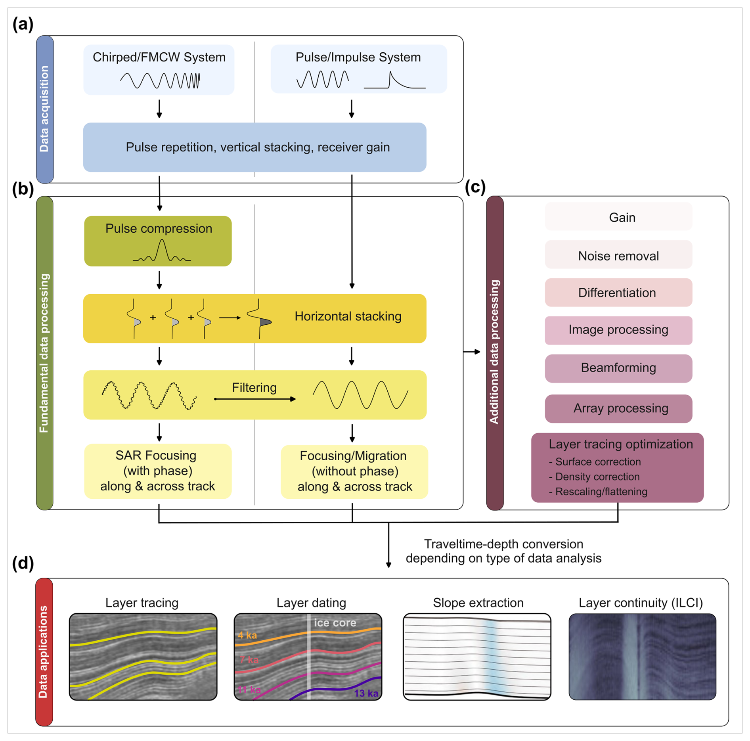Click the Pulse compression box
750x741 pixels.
click(x=158, y=241)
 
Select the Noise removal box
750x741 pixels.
click(x=618, y=256)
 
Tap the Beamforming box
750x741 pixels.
click(x=618, y=368)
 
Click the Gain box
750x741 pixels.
click(x=618, y=217)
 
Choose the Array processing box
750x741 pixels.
click(x=618, y=408)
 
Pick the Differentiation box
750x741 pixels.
click(x=618, y=293)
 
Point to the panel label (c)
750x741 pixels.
click(x=475, y=187)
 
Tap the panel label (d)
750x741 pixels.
click(x=23, y=563)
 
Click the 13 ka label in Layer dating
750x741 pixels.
click(x=365, y=693)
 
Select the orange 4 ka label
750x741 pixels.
click(x=247, y=636)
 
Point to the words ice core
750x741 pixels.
click(x=335, y=623)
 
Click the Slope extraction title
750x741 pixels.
click(x=478, y=603)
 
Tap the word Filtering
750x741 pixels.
click(x=254, y=387)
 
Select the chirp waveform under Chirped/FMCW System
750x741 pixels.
click(x=160, y=80)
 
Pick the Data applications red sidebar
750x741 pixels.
click(x=44, y=652)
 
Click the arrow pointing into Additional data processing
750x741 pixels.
click(x=472, y=352)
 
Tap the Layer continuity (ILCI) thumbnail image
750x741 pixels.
click(x=642, y=657)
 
